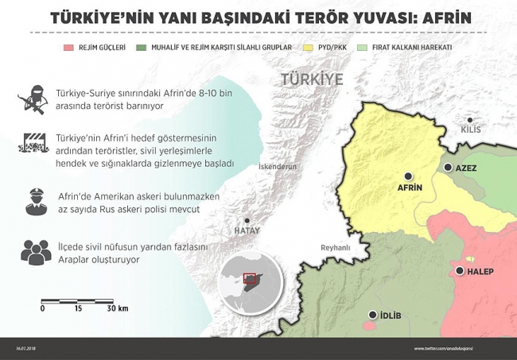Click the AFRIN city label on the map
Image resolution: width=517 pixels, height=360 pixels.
pos(409,188)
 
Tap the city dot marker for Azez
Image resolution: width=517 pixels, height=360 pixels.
pos(449,168)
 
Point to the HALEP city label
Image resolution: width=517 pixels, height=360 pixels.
pos(481,272)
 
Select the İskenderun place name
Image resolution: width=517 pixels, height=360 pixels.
pos(277,167)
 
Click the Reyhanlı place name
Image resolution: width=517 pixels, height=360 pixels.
pos(335,248)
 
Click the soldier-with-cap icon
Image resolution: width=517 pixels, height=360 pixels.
pos(33,200)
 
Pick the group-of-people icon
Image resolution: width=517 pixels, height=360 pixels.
pos(33,251)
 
